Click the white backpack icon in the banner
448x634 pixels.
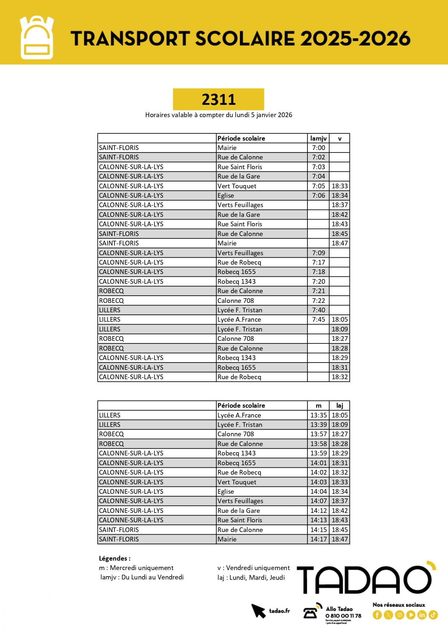click(37, 38)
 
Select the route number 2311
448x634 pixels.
click(219, 99)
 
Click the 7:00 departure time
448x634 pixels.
click(318, 148)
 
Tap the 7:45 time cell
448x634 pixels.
click(318, 320)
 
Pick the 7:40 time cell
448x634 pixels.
click(318, 310)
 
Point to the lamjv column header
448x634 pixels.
click(318, 138)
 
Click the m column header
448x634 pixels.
click(318, 406)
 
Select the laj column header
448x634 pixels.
click(340, 406)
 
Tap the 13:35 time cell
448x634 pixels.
click(318, 415)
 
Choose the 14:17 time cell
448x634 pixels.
click(318, 539)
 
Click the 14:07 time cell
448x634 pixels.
click(318, 501)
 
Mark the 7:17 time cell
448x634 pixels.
click(318, 262)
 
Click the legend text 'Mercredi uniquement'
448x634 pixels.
click(142, 568)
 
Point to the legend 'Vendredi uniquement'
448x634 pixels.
click(258, 568)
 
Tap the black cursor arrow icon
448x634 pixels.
click(258, 611)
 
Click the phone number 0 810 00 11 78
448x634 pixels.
click(343, 616)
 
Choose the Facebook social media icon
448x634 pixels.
click(377, 615)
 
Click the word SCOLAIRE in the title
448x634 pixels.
click(245, 39)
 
